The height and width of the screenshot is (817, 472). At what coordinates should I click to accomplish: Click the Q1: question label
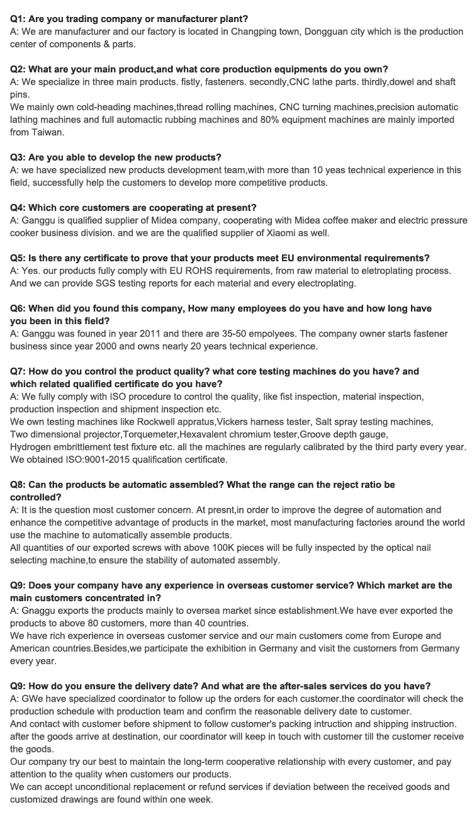click(18, 19)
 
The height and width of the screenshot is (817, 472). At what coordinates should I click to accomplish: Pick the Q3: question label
click(18, 157)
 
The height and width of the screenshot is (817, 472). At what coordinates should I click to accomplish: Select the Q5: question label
click(18, 258)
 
